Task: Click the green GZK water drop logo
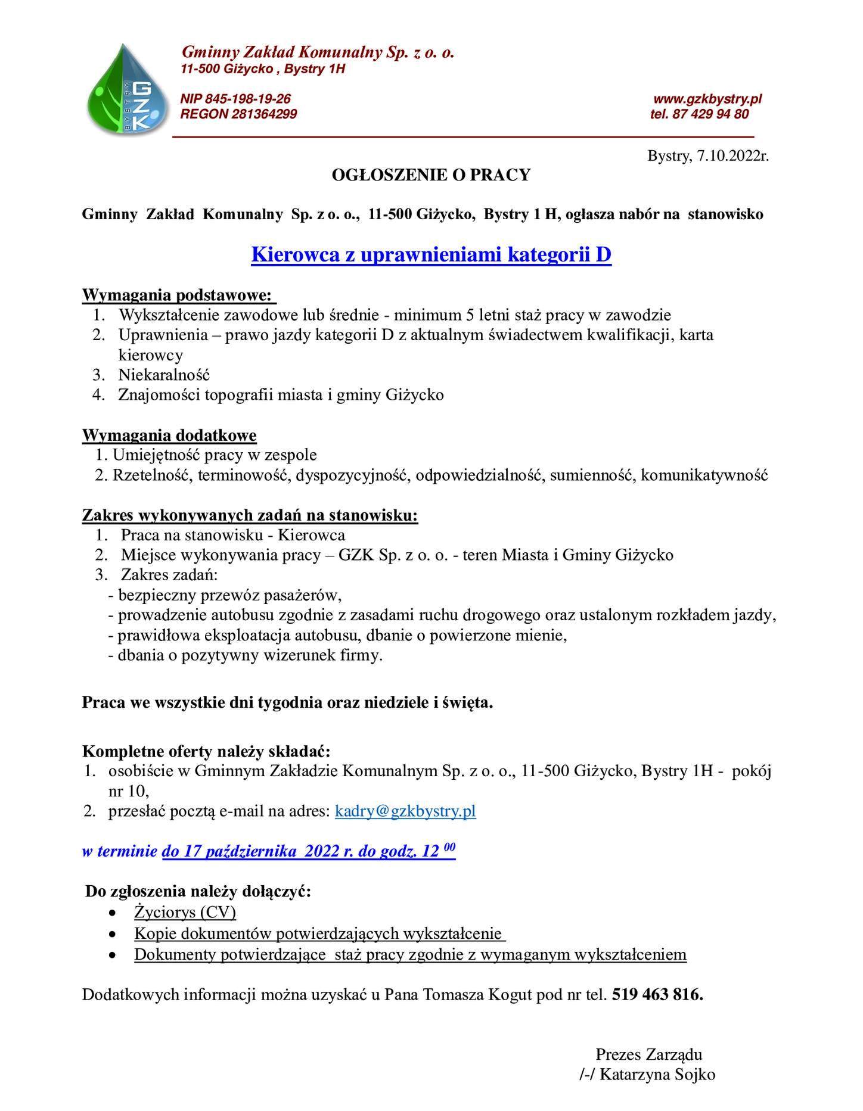(x=128, y=90)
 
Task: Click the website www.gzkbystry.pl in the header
(x=707, y=98)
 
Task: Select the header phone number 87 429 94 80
(x=710, y=114)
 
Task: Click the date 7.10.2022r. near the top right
(x=732, y=157)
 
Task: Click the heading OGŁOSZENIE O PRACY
(x=430, y=175)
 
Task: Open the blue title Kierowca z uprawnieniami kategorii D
(x=431, y=254)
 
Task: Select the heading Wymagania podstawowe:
(x=178, y=295)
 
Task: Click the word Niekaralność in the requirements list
(x=164, y=375)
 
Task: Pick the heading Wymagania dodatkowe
(x=169, y=435)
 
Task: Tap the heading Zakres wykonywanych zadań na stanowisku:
(x=250, y=515)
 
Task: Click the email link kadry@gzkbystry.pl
(x=405, y=811)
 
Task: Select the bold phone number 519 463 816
(x=657, y=994)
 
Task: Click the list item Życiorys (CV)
(x=185, y=912)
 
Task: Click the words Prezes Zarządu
(x=648, y=1054)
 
